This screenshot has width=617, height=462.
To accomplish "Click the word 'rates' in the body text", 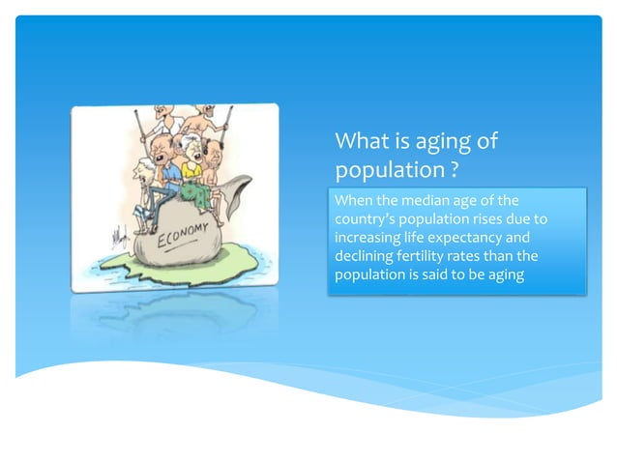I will pos(488,255).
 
